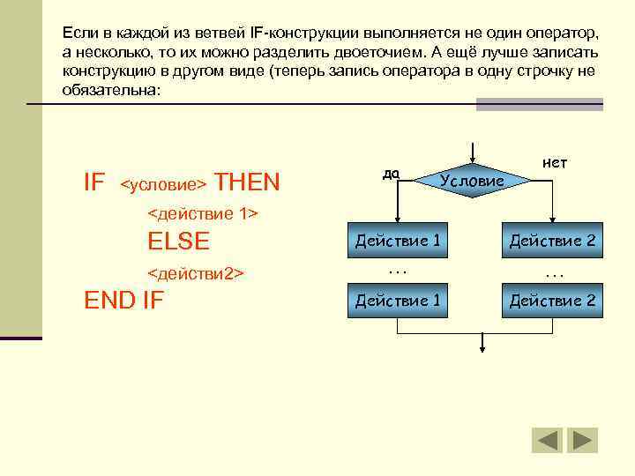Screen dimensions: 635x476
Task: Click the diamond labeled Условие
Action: click(474, 180)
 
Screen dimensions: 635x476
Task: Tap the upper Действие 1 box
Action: click(398, 240)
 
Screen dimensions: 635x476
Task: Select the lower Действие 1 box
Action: click(398, 301)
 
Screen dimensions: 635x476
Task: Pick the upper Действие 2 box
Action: click(552, 240)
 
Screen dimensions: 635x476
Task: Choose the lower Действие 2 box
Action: click(552, 301)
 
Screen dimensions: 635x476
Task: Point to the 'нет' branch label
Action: click(555, 163)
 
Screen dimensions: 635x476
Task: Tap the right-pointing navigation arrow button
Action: click(582, 440)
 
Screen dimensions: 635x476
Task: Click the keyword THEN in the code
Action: click(247, 182)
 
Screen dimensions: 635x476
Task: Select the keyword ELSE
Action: click(179, 242)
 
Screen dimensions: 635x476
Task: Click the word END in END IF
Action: click(109, 301)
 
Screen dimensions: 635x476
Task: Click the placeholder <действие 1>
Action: click(202, 213)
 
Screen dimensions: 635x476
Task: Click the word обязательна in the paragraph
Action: click(111, 90)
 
